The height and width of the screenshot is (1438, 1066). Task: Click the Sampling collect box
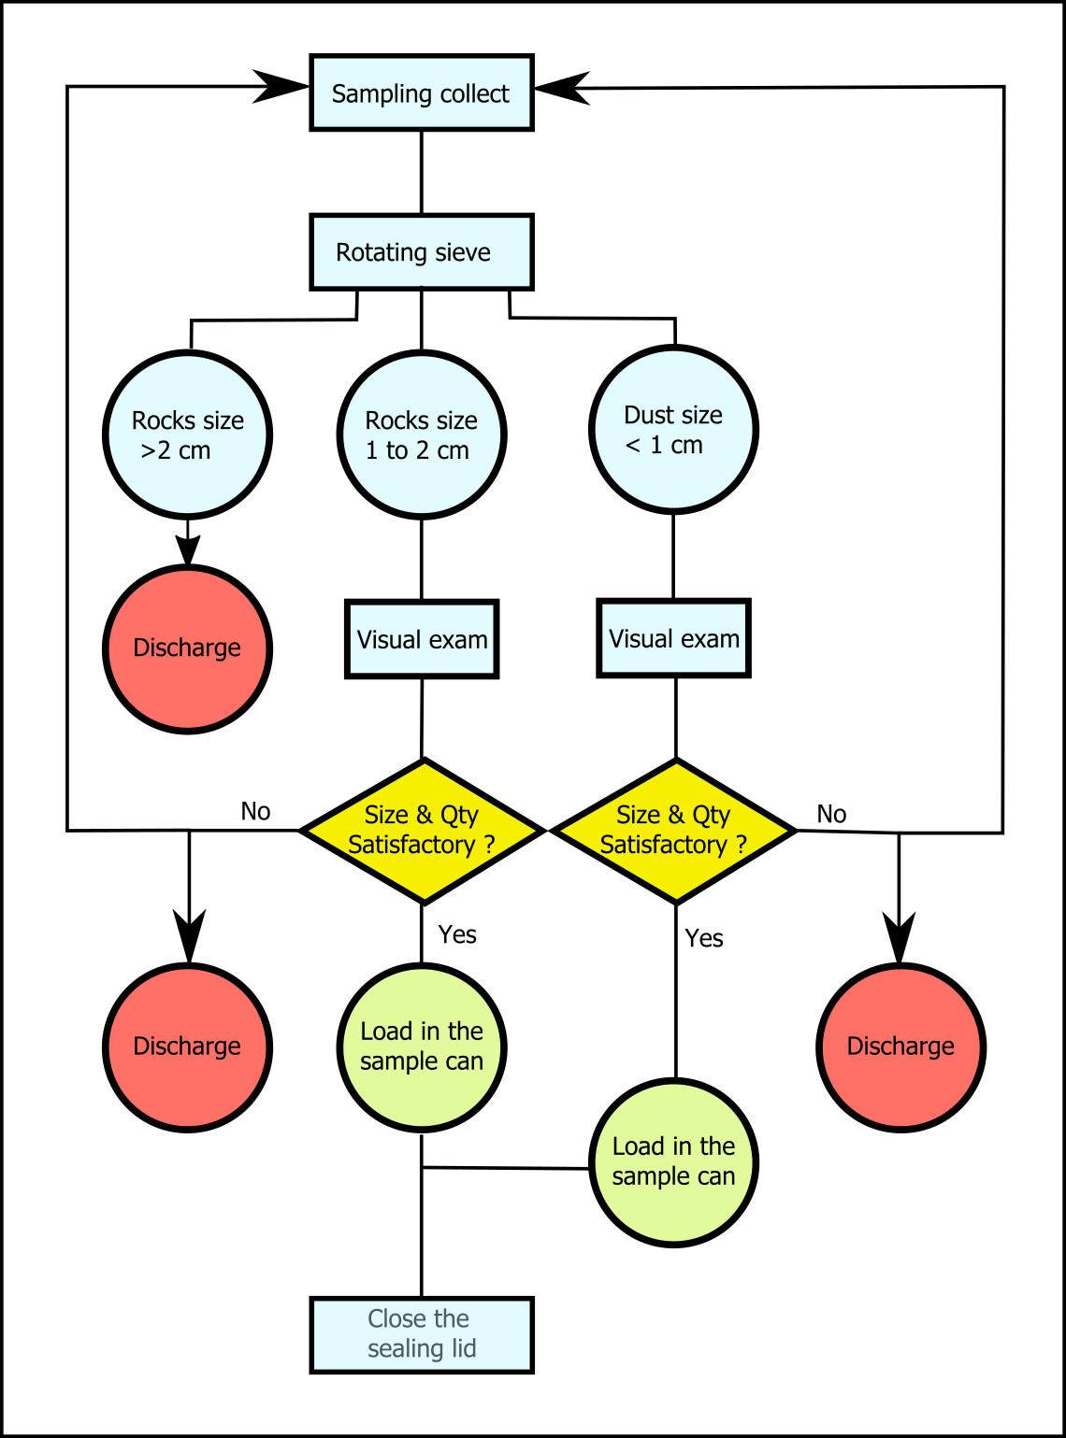[x=422, y=93]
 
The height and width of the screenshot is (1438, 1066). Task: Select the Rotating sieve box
[x=422, y=251]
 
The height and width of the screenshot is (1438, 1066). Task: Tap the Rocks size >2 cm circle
[x=188, y=434]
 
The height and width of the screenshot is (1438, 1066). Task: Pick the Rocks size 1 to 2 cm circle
[x=422, y=434]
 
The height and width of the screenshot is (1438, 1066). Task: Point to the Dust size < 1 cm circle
[x=673, y=430]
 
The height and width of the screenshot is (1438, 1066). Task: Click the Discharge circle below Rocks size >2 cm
[x=188, y=649]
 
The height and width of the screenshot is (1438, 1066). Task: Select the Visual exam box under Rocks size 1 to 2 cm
[x=422, y=639]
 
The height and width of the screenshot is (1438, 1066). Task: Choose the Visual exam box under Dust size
[x=674, y=638]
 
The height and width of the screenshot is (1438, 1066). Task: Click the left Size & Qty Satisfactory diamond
[x=423, y=831]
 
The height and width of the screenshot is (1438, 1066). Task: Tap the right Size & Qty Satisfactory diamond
[x=675, y=831]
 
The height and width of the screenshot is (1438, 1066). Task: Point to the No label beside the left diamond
[x=255, y=811]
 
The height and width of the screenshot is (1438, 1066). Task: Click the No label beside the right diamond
[x=832, y=814]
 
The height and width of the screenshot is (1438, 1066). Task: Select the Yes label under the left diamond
[x=457, y=934]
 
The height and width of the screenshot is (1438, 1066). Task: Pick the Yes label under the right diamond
[x=704, y=938]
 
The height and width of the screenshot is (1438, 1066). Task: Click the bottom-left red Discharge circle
[x=188, y=1047]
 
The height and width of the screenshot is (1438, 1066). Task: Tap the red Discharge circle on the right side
[x=901, y=1047]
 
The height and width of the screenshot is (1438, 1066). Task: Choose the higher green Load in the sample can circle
[x=422, y=1047]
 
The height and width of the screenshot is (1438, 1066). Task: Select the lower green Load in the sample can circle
[x=673, y=1162]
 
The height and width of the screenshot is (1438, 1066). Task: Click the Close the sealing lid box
[x=422, y=1335]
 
